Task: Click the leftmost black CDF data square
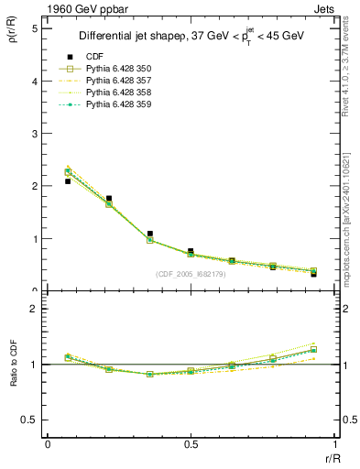pyautogui.click(x=68, y=181)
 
